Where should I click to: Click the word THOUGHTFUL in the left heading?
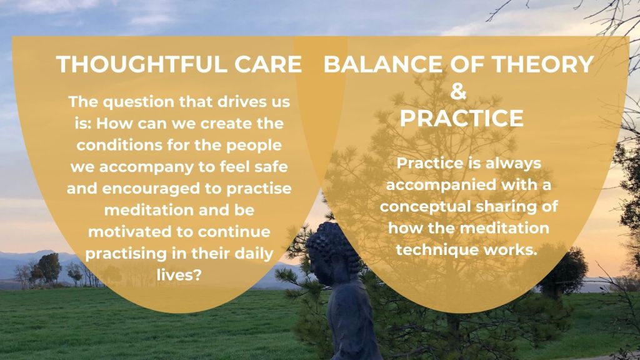pos(141,64)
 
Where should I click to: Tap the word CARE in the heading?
pos(268,64)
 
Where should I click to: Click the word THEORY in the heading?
pos(542,64)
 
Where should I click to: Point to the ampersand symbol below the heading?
pos(458,91)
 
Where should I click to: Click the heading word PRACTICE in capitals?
pos(462,118)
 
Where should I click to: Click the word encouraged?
pos(162,189)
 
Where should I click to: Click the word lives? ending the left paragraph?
pos(179,275)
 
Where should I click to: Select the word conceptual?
pos(425,207)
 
